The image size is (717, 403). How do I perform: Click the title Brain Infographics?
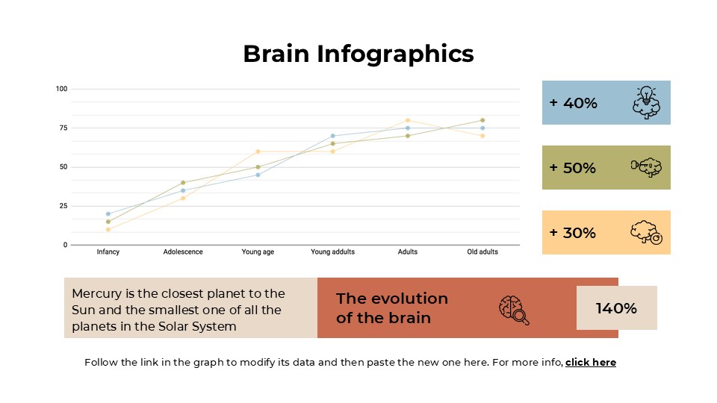point(358,54)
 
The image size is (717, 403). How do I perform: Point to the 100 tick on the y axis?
point(61,89)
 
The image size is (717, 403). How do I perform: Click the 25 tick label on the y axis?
point(63,206)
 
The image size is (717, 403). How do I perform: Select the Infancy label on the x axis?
point(108,252)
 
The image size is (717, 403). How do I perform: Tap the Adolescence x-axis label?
point(183,252)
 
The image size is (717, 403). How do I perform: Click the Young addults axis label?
point(332,252)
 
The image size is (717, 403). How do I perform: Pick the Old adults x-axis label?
point(482,252)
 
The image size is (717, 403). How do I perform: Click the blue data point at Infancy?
point(108,213)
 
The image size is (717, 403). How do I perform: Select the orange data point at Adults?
point(408,120)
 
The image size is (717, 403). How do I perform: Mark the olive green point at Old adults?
point(482,120)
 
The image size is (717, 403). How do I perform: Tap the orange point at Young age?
point(258,151)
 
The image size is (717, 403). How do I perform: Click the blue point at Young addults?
point(333,136)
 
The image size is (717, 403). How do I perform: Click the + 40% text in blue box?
point(574,103)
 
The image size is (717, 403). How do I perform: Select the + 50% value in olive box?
point(573,168)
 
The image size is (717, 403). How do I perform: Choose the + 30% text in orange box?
point(573,233)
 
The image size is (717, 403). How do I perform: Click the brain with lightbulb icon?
point(646,102)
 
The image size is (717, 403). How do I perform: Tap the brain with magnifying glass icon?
point(514,310)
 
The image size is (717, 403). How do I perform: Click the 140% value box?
point(616,307)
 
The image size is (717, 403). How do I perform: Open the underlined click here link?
point(590,362)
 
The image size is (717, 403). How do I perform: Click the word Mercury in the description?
point(96,293)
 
